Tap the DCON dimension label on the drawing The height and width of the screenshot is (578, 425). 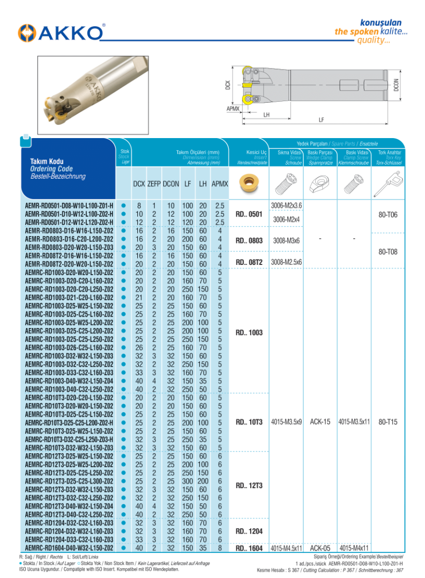396,85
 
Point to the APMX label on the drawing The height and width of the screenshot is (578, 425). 233,108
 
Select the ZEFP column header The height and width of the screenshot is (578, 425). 154,184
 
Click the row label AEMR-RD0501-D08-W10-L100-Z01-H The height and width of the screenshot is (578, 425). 69,206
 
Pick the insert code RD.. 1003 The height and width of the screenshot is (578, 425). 249,332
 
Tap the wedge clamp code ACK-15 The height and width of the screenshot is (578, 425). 320,422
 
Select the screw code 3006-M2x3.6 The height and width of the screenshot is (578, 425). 287,206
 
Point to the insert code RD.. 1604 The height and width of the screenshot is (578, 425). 249,549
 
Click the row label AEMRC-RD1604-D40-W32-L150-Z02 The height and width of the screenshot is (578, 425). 69,549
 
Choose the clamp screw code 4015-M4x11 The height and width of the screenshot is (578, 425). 354,549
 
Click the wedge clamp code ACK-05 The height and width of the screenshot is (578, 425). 320,549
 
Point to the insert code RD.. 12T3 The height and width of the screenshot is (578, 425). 249,485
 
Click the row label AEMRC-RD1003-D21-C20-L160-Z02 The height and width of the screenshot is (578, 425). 69,298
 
